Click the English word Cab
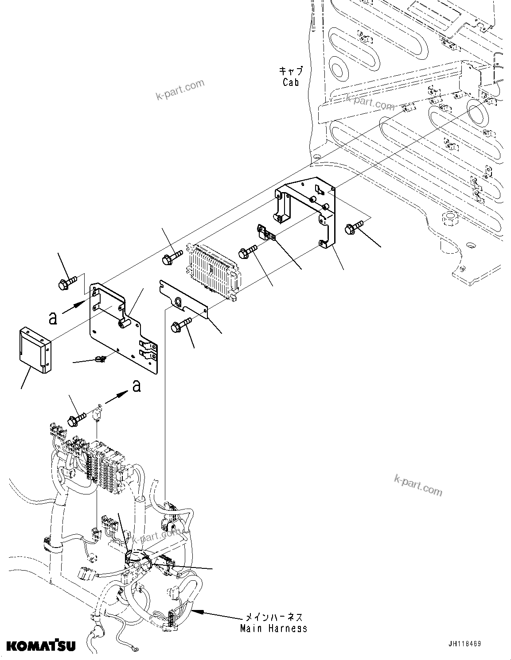coord(291,82)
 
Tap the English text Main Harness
coord(273,628)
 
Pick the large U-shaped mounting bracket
coord(307,210)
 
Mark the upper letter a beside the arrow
coord(53,317)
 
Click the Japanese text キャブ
coord(291,71)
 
